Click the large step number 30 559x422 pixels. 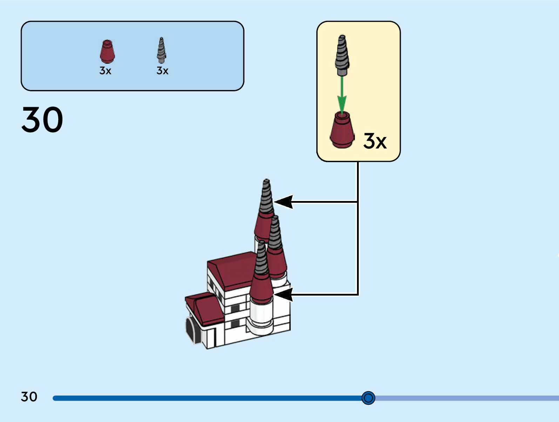42,120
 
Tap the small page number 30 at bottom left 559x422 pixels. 29,397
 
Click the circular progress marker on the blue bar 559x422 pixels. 368,398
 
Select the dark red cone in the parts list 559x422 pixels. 107,51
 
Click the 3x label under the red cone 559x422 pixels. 105,71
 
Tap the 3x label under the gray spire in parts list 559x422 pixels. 162,71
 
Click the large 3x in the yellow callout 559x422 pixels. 375,141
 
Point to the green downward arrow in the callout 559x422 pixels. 342,95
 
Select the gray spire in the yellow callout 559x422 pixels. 342,54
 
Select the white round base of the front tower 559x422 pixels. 260,317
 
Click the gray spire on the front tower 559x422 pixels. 261,259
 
